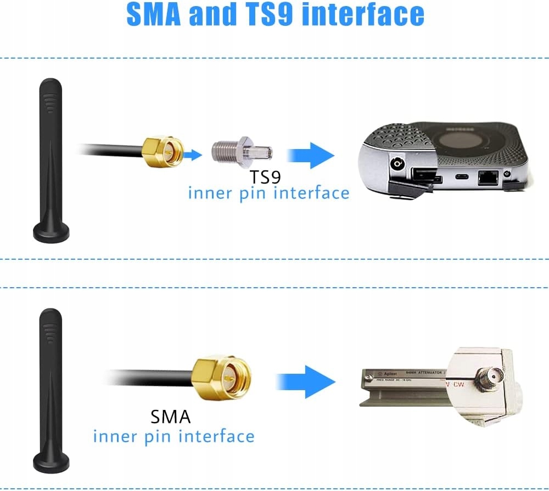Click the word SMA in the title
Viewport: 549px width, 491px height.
(x=154, y=15)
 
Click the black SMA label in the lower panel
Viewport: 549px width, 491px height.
(x=171, y=416)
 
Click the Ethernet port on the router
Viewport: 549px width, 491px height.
(x=487, y=178)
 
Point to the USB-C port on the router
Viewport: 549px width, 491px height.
(x=458, y=177)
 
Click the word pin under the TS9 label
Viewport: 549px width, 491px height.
(x=248, y=193)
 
